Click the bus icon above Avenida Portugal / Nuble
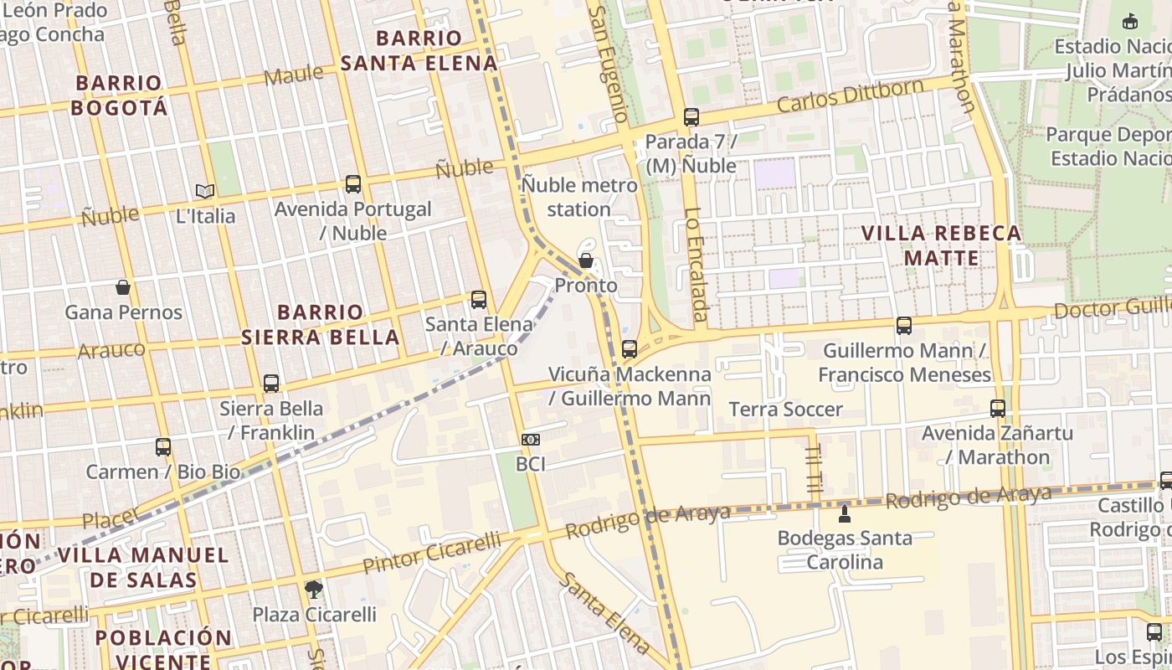(353, 184)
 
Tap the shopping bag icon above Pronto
(586, 260)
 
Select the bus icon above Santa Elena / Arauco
(479, 300)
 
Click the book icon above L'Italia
(205, 191)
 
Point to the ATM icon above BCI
(531, 440)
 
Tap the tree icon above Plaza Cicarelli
(314, 590)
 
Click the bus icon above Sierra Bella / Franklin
(271, 384)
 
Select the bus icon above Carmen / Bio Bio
(163, 447)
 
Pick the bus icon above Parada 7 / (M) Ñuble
(691, 117)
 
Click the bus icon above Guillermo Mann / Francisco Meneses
(904, 326)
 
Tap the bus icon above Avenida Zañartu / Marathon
(998, 409)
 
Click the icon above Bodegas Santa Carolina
(845, 513)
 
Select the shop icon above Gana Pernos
(123, 288)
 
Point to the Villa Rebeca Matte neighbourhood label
(942, 245)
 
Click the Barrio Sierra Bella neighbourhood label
(320, 325)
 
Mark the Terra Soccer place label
(785, 410)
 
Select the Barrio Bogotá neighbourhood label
(119, 95)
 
